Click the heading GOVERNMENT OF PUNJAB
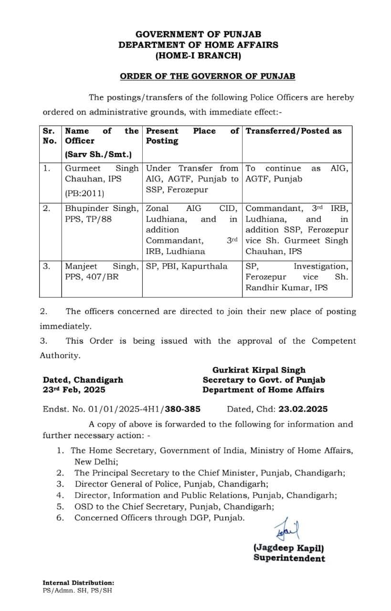[198, 34]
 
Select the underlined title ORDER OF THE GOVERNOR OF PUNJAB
[207, 76]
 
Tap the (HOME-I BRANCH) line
[198, 56]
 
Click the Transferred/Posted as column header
[294, 131]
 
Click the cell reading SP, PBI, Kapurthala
[187, 266]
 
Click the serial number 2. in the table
[46, 209]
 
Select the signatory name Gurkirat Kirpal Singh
[259, 370]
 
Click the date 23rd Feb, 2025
[74, 390]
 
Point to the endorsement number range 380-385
[183, 409]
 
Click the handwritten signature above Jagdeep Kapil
[285, 530]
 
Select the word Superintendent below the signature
[289, 558]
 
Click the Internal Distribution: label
[78, 583]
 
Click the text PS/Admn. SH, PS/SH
[78, 590]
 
